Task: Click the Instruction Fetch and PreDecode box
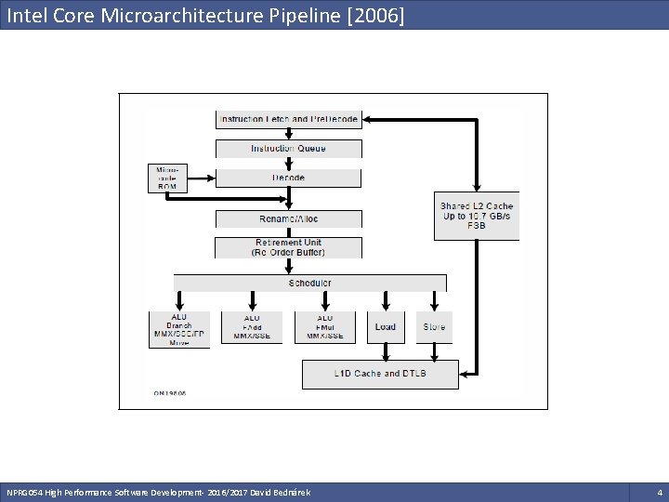pyautogui.click(x=288, y=119)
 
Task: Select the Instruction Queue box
pyautogui.click(x=288, y=149)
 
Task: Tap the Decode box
pyautogui.click(x=288, y=177)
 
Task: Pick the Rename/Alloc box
pyautogui.click(x=288, y=218)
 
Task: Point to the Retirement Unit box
pyautogui.click(x=288, y=247)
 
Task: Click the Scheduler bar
pyautogui.click(x=310, y=283)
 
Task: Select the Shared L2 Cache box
pyautogui.click(x=477, y=217)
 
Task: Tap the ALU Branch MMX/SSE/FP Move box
pyautogui.click(x=179, y=329)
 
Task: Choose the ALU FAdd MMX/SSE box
pyautogui.click(x=252, y=327)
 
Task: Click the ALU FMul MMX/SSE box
pyautogui.click(x=324, y=327)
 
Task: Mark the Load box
pyautogui.click(x=386, y=327)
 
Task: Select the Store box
pyautogui.click(x=434, y=327)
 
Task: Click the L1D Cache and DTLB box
pyautogui.click(x=381, y=374)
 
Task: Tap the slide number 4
pyautogui.click(x=659, y=491)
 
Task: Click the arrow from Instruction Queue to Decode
pyautogui.click(x=288, y=163)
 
